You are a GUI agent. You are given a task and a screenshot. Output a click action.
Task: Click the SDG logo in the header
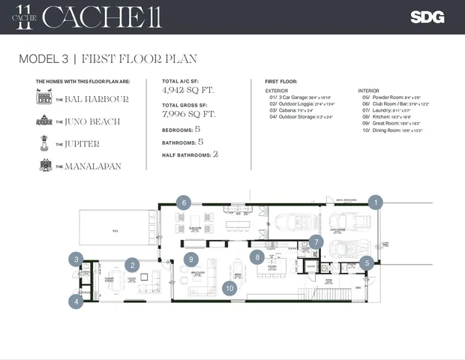[427, 17]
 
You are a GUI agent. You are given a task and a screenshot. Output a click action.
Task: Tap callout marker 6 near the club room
[184, 202]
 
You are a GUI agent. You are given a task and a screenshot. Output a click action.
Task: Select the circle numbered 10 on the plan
[231, 287]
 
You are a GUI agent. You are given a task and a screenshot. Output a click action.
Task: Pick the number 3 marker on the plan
[76, 259]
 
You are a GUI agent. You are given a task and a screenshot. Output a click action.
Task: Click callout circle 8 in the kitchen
[256, 256]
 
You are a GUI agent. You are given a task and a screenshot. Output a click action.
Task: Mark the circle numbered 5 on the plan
[365, 262]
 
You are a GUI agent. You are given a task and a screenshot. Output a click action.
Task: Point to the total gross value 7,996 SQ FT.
[188, 114]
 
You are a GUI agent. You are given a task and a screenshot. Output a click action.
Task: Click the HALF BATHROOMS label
[187, 154]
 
